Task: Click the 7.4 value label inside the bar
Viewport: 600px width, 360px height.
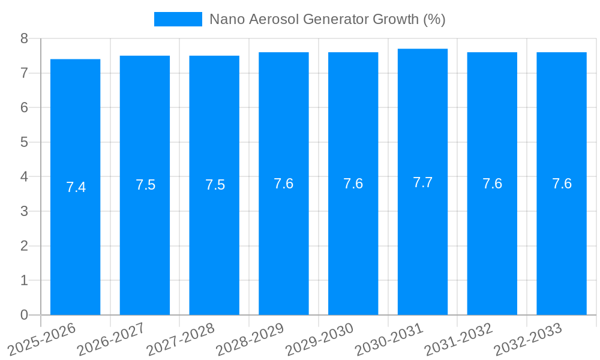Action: [76, 187]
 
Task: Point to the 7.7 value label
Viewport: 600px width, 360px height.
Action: [422, 182]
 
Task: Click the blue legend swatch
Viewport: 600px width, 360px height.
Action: [178, 19]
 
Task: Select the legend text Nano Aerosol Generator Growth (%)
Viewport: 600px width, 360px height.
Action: [327, 19]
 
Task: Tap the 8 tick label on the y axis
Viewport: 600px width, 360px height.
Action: [24, 38]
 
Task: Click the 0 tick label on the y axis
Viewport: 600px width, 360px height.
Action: [24, 315]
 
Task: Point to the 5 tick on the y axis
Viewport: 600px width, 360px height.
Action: [24, 142]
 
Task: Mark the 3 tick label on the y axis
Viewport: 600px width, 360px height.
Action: [24, 211]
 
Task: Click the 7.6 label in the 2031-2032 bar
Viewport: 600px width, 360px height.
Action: [492, 184]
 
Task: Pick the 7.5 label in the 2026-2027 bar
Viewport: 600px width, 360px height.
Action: [145, 185]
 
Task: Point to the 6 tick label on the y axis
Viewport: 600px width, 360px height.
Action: [24, 107]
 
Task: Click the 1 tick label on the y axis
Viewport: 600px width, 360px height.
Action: [24, 280]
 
